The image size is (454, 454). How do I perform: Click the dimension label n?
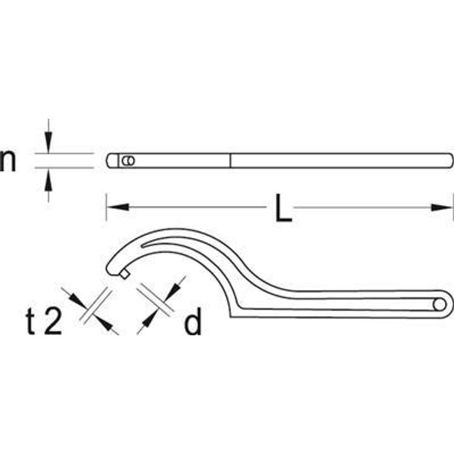click(7, 161)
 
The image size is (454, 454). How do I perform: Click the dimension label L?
click(283, 208)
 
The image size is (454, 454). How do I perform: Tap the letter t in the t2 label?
click(30, 321)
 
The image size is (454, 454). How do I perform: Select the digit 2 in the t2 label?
click(53, 321)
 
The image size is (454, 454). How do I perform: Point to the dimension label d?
click(193, 321)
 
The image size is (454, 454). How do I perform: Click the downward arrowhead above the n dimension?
click(48, 142)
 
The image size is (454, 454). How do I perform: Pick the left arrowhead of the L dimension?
click(118, 207)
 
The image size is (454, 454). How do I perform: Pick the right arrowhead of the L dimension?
click(441, 208)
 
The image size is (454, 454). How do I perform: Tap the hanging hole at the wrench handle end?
click(439, 304)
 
